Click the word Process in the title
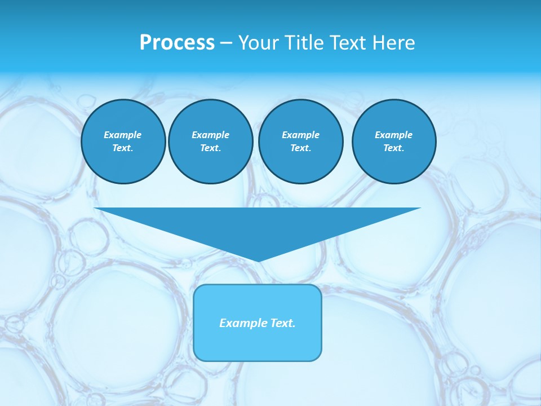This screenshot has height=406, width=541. coord(177,43)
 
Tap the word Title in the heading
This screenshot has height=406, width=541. coord(303,43)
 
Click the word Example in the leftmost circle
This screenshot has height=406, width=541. coord(123,135)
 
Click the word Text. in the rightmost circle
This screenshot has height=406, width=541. coord(393,148)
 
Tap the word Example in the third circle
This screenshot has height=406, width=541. coord(300,135)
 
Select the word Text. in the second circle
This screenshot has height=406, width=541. coord(210,148)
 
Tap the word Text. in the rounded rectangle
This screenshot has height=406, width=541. coord(283,323)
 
